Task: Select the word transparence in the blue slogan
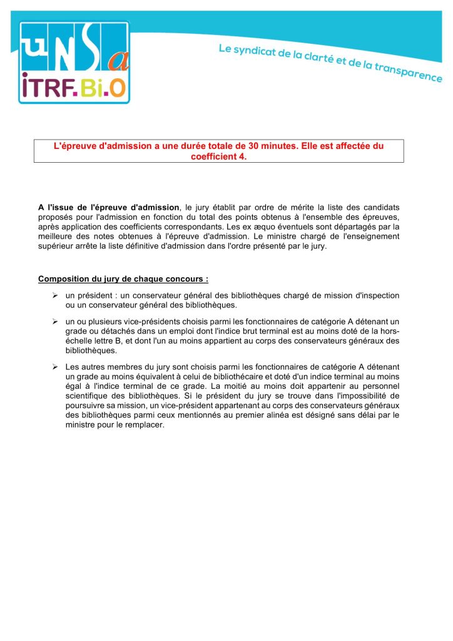coord(409,71)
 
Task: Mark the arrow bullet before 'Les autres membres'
coord(55,366)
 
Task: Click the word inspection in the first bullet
coord(379,295)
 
